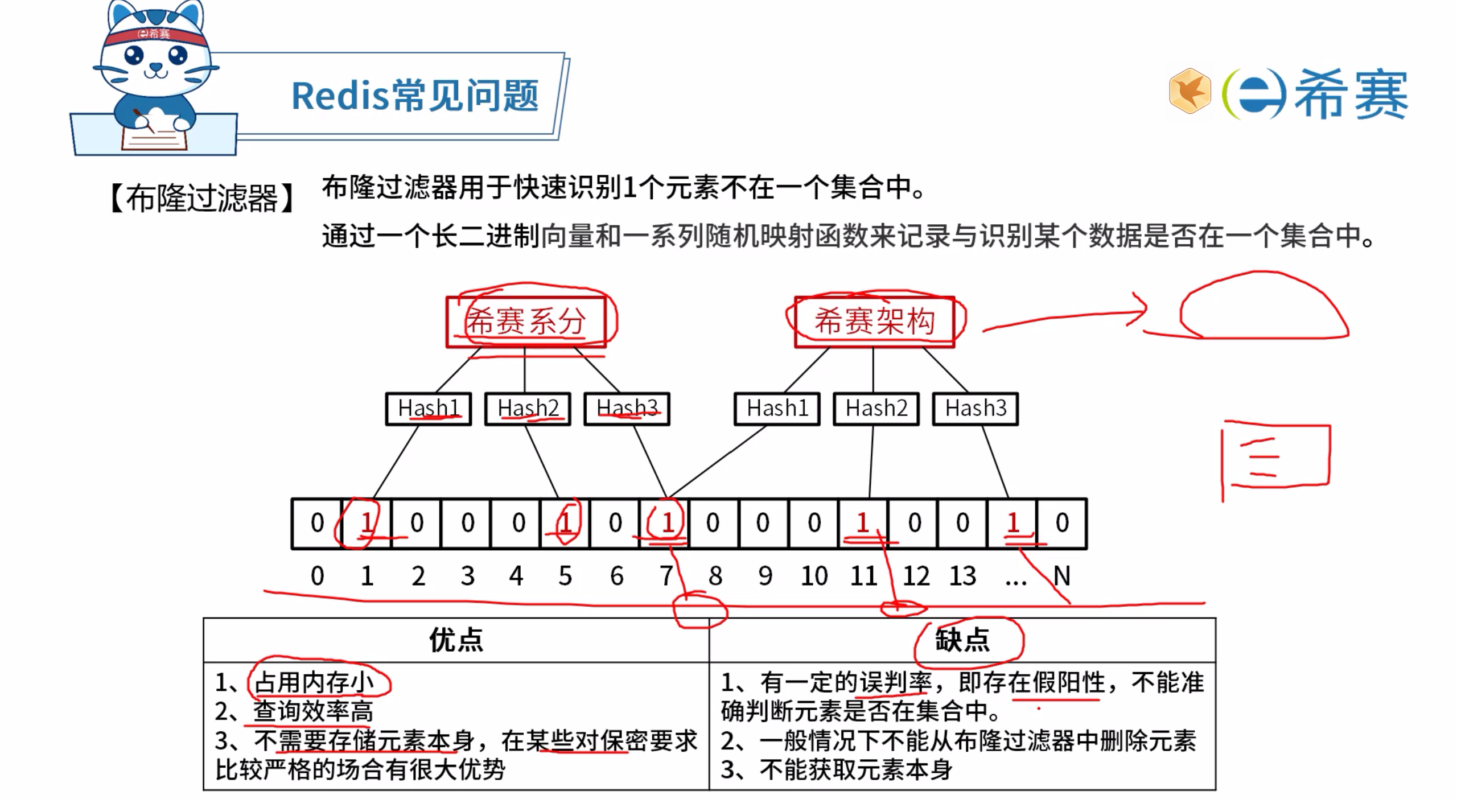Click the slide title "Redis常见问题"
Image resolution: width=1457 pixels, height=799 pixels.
coord(414,96)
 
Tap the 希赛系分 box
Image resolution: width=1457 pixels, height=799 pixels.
coord(525,322)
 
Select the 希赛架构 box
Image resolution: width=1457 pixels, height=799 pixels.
coord(874,322)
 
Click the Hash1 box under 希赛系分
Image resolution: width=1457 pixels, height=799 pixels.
coord(428,409)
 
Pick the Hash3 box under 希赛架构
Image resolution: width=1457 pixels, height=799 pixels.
coord(975,409)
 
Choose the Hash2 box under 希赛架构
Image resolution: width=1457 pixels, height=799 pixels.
coord(876,409)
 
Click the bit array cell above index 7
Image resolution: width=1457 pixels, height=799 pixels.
coord(664,523)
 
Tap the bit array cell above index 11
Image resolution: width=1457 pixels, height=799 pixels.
coord(863,523)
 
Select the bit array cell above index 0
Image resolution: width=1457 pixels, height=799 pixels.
coord(317,523)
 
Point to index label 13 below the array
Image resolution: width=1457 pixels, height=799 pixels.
coord(962,576)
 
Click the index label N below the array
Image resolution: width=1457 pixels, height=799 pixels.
coord(1061,576)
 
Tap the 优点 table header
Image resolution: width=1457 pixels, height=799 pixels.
coord(456,640)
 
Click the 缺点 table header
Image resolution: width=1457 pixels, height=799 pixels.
coord(962,640)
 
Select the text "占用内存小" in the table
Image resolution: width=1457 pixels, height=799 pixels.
coord(314,682)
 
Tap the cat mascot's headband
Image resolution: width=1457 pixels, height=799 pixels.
coord(153,35)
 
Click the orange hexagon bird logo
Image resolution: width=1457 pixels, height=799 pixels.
coord(1190,91)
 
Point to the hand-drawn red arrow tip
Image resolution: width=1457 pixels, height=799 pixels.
coord(1144,311)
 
